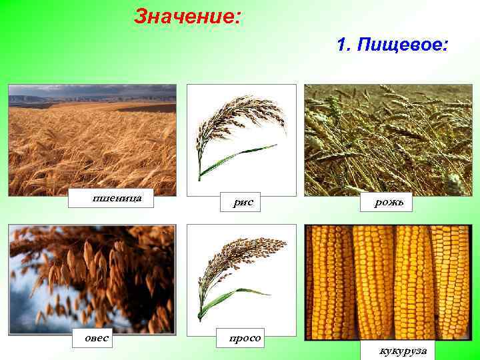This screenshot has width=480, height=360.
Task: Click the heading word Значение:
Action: [x=187, y=16]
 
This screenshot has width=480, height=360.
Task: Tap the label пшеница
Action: [x=113, y=198]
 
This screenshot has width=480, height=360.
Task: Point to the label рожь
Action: [x=387, y=202]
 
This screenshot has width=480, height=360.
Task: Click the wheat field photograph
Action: [x=92, y=147]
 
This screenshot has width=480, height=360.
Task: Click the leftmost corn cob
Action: [x=328, y=280]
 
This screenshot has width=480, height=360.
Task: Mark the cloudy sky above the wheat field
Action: [x=92, y=92]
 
